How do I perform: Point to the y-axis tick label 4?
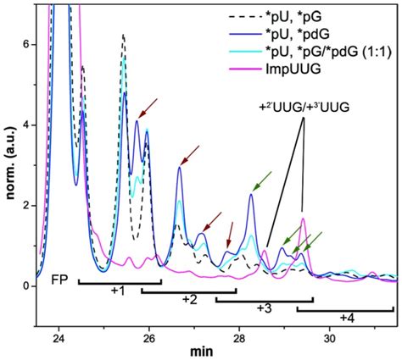25,124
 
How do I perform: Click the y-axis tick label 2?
25,205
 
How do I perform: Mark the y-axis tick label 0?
25,286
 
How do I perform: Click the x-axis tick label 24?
59,337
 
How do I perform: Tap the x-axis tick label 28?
239,337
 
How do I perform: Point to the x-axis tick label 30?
330,337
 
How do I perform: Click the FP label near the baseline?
59,279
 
